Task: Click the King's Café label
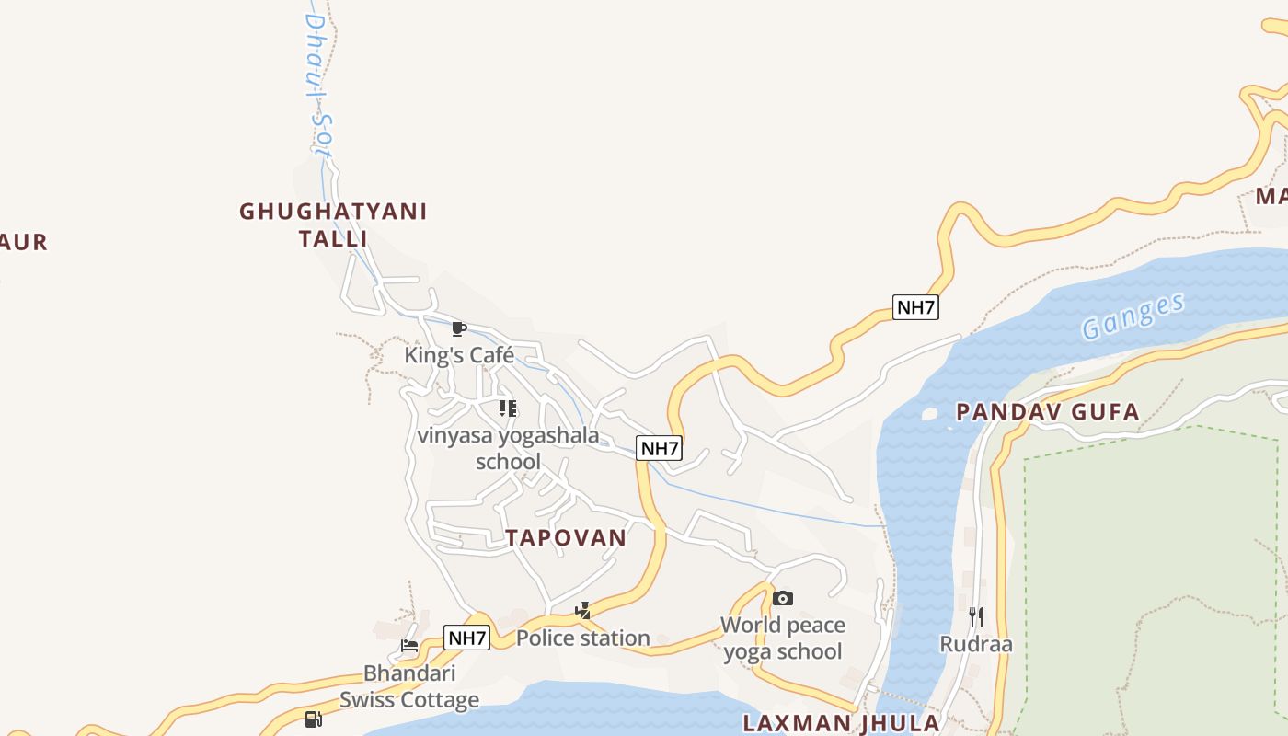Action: (459, 355)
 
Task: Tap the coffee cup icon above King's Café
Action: (459, 328)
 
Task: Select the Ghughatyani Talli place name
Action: (333, 224)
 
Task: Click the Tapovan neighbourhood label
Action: (566, 538)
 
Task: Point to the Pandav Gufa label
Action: (1048, 411)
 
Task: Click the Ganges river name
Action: (1133, 316)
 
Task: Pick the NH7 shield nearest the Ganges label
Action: (915, 307)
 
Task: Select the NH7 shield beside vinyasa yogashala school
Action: (660, 449)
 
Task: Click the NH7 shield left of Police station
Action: (466, 638)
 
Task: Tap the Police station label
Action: (583, 638)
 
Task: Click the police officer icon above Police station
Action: (582, 610)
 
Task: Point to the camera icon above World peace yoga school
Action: (783, 599)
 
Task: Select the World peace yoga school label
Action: (783, 638)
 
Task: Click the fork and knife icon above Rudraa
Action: (976, 616)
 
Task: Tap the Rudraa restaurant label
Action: (976, 644)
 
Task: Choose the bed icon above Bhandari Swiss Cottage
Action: (409, 646)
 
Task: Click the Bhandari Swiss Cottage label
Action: (409, 686)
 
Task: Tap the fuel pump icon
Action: (314, 719)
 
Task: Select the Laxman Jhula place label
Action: (841, 722)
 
